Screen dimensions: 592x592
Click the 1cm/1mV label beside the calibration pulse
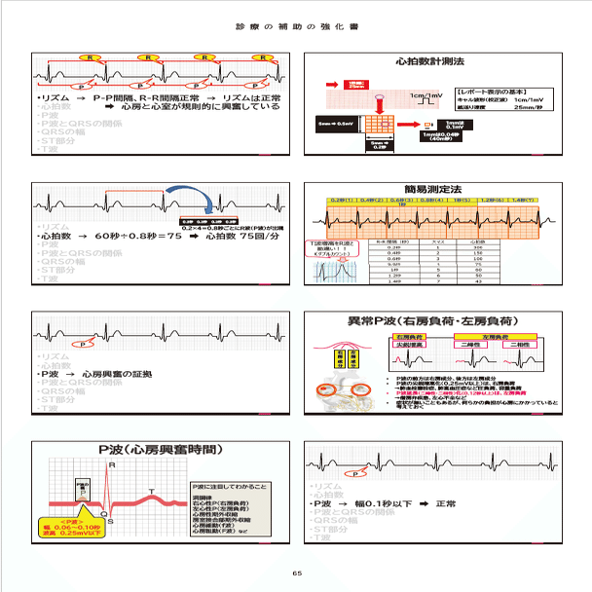pyautogui.click(x=425, y=95)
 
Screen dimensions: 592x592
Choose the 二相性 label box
pyautogui.click(x=465, y=343)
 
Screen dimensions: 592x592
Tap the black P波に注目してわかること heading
pyautogui.click(x=232, y=484)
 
